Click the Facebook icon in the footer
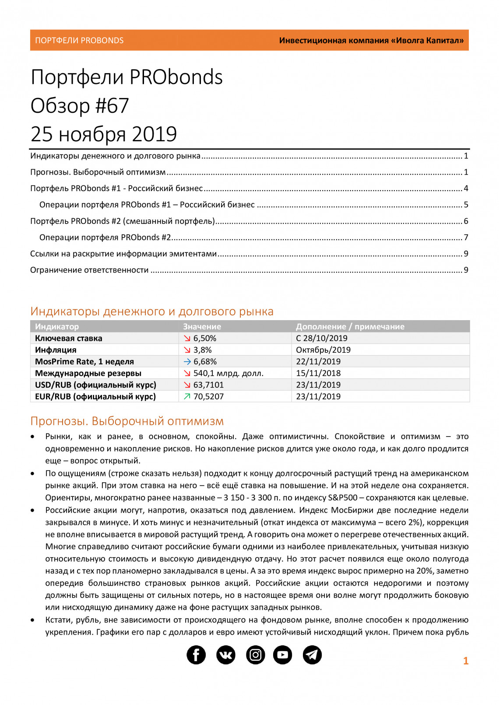coord(196,655)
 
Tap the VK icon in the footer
coord(226,655)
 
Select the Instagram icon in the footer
coord(255,655)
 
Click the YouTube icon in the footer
coord(283,655)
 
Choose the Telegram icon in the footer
coord(312,655)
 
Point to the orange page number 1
coord(466,661)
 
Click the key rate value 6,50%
coord(205,339)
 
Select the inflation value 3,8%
coord(203,350)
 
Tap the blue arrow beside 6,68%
coord(187,362)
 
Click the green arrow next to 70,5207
coord(187,397)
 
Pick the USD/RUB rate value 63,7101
coord(208,385)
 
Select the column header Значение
coord(202,327)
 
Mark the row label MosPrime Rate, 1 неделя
coord(84,362)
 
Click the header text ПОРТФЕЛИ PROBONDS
coord(79,41)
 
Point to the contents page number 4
coord(466,188)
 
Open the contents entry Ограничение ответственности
coord(89,270)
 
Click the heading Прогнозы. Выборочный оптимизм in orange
coord(127,421)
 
